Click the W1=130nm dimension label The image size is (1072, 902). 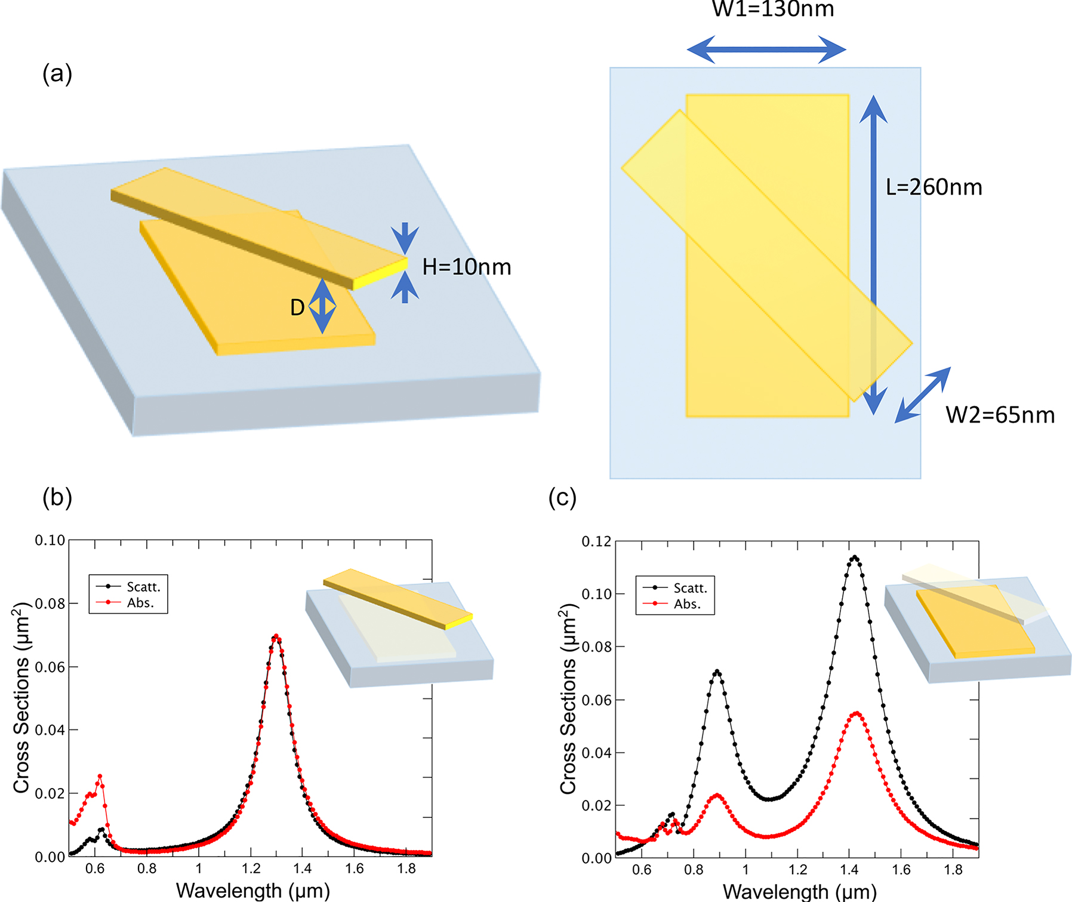click(773, 9)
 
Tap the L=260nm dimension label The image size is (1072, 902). click(934, 187)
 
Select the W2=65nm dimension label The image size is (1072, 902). click(1000, 415)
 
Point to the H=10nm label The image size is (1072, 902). click(466, 267)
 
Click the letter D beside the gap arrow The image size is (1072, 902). click(297, 307)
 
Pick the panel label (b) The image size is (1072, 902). click(57, 497)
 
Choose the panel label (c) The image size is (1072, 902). click(562, 497)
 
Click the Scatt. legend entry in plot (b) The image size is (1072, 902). click(143, 587)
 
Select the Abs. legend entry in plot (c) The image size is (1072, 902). click(687, 604)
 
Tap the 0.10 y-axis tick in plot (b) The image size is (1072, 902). click(50, 540)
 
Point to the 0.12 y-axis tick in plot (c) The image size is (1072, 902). click(597, 541)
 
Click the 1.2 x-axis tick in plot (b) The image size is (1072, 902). click(251, 869)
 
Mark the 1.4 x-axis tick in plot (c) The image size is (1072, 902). click(849, 870)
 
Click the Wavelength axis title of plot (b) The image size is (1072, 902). click(252, 890)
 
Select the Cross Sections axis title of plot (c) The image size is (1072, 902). click(568, 698)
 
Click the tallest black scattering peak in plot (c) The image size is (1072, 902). click(855, 558)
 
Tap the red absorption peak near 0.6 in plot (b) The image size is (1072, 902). click(100, 776)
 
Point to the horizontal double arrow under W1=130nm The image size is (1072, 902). click(766, 50)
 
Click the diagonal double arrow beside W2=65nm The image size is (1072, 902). click(922, 395)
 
